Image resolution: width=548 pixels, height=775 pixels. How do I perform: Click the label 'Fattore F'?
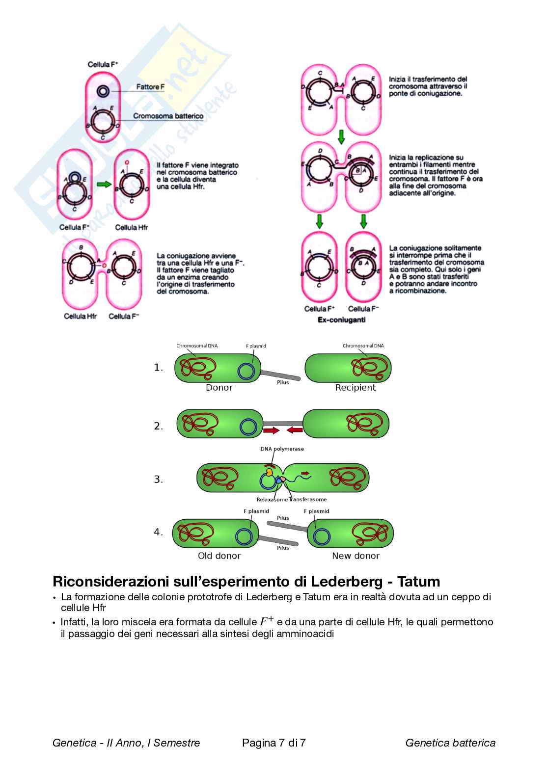coord(150,87)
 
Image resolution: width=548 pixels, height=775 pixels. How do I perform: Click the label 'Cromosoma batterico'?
coord(168,116)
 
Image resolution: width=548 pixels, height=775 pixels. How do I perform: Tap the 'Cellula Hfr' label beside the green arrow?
coord(131,227)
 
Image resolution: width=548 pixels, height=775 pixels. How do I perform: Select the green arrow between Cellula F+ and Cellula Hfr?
coord(104,184)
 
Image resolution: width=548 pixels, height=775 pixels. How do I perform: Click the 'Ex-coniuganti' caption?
coord(341,320)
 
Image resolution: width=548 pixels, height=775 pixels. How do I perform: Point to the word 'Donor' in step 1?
coord(219,388)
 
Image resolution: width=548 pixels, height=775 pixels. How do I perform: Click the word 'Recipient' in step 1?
coord(355,388)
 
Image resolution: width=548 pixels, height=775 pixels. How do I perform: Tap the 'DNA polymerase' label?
coord(282,449)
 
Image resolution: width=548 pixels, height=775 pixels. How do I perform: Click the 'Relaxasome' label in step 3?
coord(272,500)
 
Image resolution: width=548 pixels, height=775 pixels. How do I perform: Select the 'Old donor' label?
coord(219,556)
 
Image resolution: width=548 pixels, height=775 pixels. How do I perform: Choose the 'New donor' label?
coord(356,556)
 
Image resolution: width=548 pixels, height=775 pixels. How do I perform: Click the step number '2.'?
coord(158,426)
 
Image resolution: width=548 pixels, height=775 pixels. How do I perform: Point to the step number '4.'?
coord(158,532)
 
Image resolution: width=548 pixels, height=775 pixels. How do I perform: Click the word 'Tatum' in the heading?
coord(418,582)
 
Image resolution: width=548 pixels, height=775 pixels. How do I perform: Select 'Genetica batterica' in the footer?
coord(450,743)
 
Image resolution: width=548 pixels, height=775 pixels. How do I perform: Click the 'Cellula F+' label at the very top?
coord(103,64)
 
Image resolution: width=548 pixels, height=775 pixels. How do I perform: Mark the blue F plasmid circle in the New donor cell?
coord(322,536)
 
